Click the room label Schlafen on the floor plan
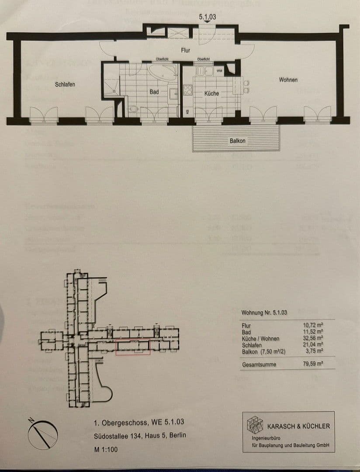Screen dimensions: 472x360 [65, 84]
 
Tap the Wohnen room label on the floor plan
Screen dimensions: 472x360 [288, 80]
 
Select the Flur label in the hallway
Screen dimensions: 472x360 [186, 51]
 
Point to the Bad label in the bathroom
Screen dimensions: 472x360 [154, 92]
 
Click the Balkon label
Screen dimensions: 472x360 [238, 141]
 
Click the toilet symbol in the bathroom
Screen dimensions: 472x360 [134, 109]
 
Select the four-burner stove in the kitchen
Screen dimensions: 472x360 [187, 90]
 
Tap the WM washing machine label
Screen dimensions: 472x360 [219, 70]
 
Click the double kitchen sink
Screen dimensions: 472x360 [204, 71]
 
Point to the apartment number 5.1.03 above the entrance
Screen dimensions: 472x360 [208, 18]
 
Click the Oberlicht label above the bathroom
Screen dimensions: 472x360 [162, 59]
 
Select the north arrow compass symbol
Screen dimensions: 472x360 [43, 433]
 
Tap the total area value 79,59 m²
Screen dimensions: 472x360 [313, 364]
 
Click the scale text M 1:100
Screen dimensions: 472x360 [106, 449]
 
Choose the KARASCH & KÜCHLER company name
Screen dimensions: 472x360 [298, 426]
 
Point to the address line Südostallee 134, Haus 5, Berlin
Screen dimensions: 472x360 [140, 436]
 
